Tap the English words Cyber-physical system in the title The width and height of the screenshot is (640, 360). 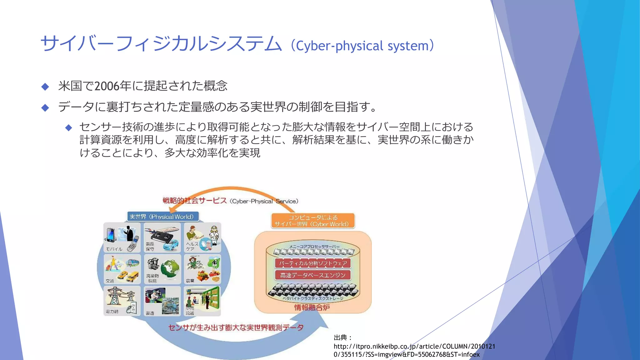pos(362,46)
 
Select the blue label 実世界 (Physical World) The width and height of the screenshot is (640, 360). pos(162,217)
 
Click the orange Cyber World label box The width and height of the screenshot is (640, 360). pos(313,221)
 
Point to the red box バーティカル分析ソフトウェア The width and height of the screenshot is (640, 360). pos(313,263)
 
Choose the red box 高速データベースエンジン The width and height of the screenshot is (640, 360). pos(313,275)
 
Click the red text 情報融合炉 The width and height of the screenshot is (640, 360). pos(312,307)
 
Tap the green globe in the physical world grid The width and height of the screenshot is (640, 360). pos(170,268)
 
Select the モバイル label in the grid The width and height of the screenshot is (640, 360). pos(114,249)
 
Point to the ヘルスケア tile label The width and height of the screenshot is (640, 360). pos(192,246)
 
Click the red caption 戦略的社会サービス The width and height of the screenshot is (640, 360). pos(194,201)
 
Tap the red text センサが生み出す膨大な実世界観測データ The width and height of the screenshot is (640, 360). pos(236,327)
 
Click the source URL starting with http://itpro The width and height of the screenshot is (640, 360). pos(414,350)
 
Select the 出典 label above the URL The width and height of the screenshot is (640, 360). pos(342,337)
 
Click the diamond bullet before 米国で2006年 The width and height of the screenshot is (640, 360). pos(45,87)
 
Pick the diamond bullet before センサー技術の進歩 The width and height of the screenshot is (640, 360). pos(69,127)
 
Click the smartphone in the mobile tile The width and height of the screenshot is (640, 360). pos(110,235)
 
